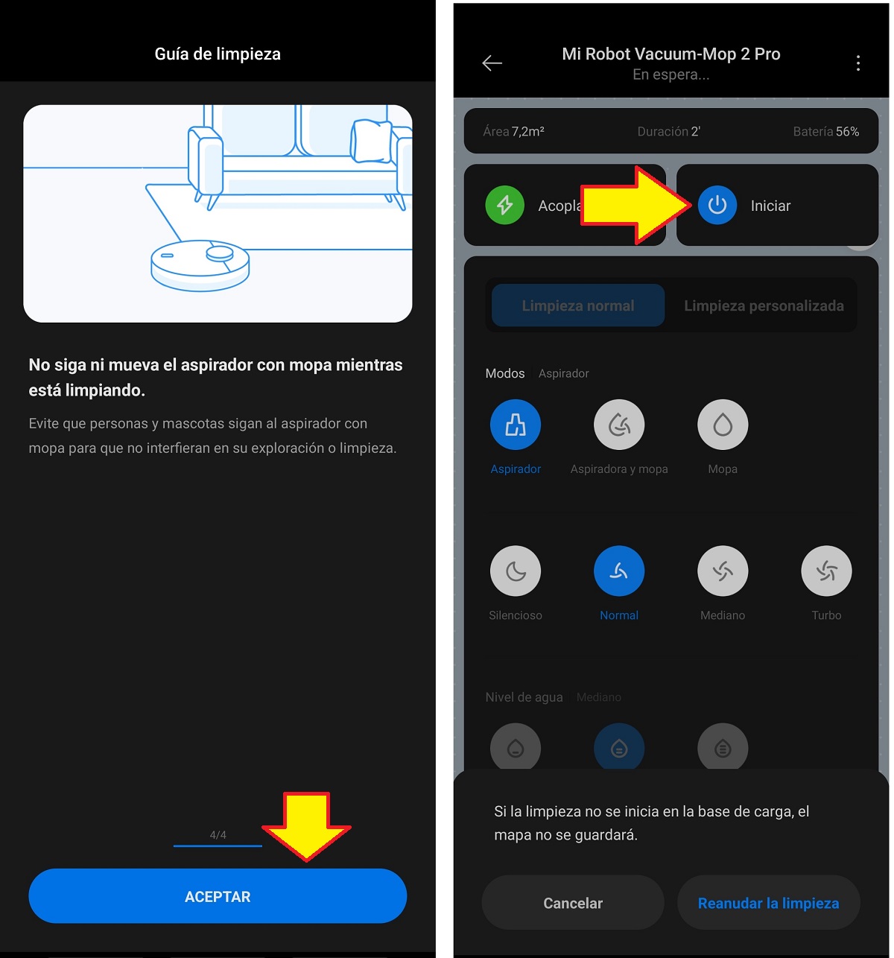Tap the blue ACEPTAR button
218,896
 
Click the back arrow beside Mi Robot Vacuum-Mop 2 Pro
492,63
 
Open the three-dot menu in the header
857,63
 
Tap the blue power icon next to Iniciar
717,205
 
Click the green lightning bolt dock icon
504,205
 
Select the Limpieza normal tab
578,305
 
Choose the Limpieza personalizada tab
764,305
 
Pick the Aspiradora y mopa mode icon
619,425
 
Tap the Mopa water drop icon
723,425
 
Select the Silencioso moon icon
516,571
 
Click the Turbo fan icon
826,571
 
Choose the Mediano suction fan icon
723,571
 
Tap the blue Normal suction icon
619,571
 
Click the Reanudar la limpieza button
769,903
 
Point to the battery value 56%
847,131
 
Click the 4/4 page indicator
218,834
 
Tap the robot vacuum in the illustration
200,264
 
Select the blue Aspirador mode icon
516,425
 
